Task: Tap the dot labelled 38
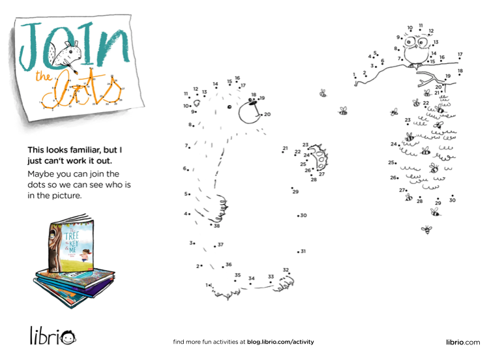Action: click(x=211, y=226)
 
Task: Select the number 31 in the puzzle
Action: click(x=303, y=251)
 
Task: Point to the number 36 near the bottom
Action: click(x=228, y=265)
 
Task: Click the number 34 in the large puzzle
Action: click(x=251, y=278)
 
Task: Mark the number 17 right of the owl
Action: click(x=460, y=55)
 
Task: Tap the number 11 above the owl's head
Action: click(x=421, y=25)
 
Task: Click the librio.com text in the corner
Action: click(x=462, y=342)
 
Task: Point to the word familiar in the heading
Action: click(x=97, y=149)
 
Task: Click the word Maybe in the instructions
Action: click(x=40, y=173)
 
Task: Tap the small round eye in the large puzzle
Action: click(x=229, y=107)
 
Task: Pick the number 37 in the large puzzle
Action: click(x=220, y=245)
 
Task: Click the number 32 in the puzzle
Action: click(x=286, y=269)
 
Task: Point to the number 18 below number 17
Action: click(x=460, y=70)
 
